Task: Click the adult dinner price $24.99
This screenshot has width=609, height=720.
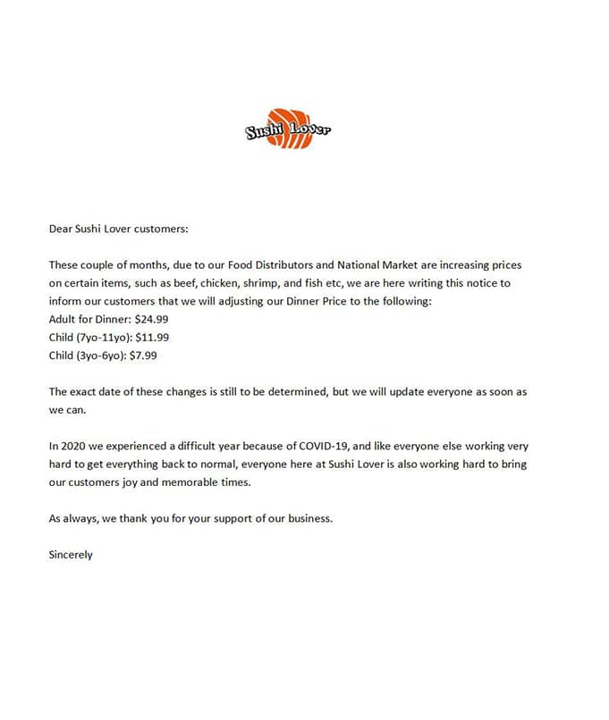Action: [151, 319]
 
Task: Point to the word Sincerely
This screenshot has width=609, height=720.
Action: [71, 554]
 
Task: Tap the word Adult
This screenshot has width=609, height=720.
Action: [63, 319]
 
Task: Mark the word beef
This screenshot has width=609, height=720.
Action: [184, 283]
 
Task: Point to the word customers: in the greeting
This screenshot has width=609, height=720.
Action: [162, 229]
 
